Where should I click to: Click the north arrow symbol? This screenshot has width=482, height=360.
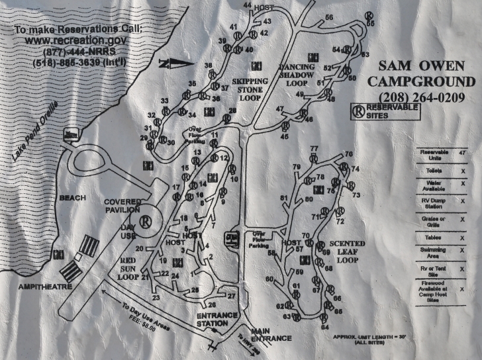(176, 64)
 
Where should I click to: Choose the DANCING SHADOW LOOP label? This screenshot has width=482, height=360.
(303, 75)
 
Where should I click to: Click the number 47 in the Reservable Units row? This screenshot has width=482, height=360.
(462, 153)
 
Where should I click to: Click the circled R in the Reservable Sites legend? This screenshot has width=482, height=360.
(358, 111)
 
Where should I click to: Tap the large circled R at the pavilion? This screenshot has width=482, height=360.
(145, 220)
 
